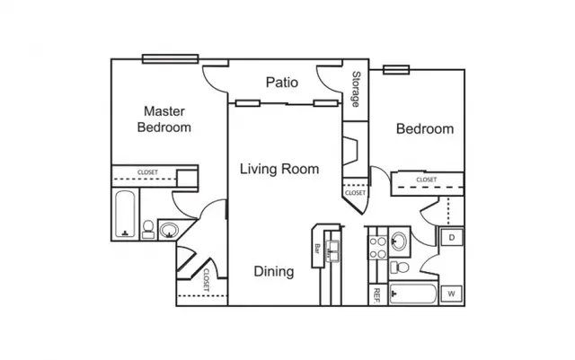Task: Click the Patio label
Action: click(x=281, y=82)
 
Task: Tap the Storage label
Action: click(x=356, y=89)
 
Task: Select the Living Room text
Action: click(x=279, y=169)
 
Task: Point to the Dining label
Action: click(x=274, y=271)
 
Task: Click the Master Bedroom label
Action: click(x=164, y=119)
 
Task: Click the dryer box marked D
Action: click(x=451, y=238)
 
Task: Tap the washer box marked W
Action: click(x=451, y=294)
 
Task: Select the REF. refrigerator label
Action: click(x=376, y=296)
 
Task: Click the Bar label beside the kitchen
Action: click(x=317, y=249)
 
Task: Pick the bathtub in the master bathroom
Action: click(x=125, y=214)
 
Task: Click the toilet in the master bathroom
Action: click(x=148, y=230)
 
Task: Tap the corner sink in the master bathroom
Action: click(x=169, y=231)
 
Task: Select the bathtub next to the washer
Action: click(x=413, y=294)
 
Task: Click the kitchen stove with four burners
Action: click(x=377, y=248)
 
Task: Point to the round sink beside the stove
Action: click(x=399, y=241)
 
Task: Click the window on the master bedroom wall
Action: click(x=170, y=58)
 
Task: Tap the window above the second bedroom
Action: click(x=396, y=70)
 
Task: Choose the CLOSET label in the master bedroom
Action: click(x=147, y=172)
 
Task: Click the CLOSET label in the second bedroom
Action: click(x=427, y=180)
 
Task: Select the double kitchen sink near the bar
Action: click(x=333, y=250)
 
